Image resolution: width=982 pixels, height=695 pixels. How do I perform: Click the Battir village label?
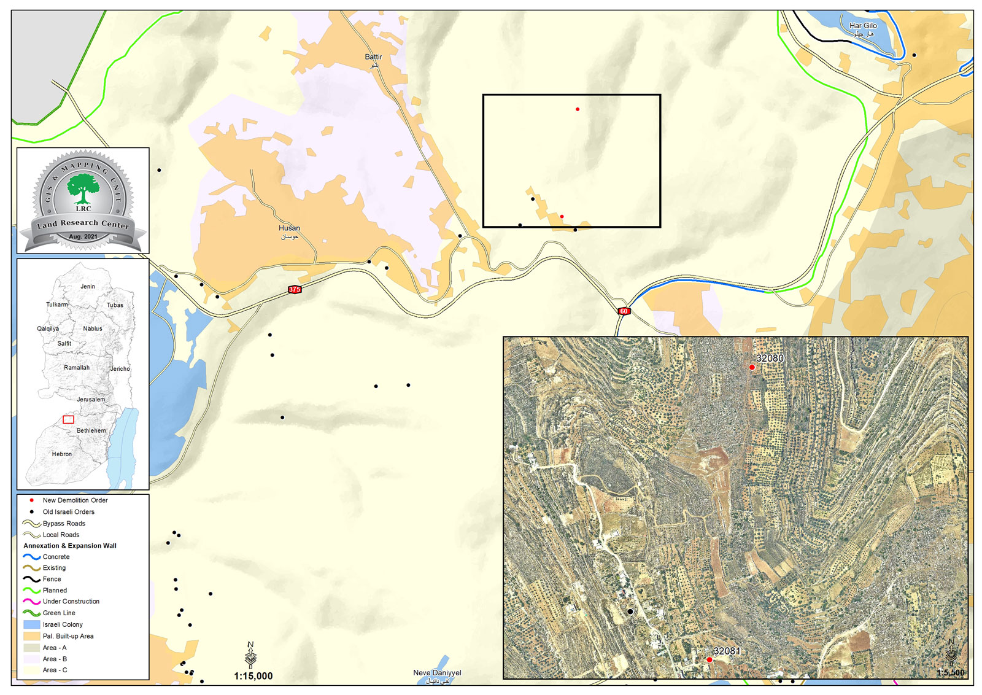click(373, 57)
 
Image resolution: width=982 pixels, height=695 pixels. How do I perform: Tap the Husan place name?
click(289, 228)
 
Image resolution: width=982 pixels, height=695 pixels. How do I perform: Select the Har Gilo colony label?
click(863, 26)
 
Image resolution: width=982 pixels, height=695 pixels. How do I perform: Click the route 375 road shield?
click(295, 289)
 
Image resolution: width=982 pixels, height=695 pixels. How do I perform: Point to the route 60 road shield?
click(624, 311)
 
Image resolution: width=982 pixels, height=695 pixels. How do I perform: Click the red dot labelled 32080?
click(752, 367)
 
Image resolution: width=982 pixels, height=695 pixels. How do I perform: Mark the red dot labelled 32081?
click(709, 660)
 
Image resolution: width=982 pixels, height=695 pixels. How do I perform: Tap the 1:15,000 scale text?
click(253, 676)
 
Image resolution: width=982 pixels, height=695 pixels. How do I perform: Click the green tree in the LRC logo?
click(83, 187)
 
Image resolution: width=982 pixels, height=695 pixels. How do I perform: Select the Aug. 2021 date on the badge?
click(83, 236)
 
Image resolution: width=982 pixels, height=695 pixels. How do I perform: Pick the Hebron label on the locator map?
click(62, 454)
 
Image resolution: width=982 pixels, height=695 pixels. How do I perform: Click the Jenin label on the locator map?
click(88, 287)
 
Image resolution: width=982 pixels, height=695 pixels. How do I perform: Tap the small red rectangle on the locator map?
click(69, 419)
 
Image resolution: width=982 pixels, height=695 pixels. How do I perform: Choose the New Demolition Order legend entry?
click(75, 500)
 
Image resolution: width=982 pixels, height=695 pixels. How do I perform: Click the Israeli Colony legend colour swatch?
click(32, 624)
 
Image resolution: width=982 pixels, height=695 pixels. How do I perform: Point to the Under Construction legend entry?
click(71, 602)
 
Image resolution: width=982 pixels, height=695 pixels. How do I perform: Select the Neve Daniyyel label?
click(437, 673)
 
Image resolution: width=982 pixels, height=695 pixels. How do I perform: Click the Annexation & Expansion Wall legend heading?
click(70, 546)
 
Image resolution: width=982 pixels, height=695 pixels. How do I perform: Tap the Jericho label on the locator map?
click(120, 369)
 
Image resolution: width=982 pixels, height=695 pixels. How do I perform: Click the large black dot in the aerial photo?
click(630, 612)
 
